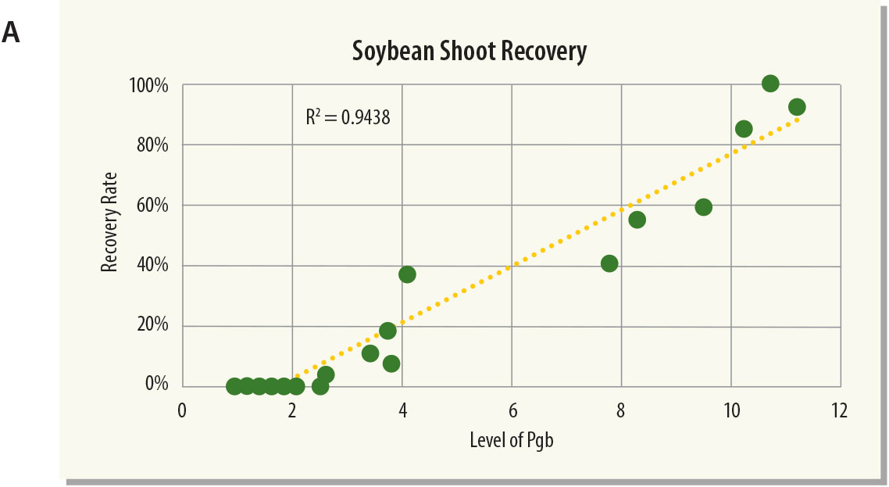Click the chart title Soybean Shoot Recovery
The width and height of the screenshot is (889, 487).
click(x=468, y=52)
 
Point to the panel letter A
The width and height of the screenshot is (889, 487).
click(x=11, y=32)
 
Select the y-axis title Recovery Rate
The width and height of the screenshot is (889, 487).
click(x=110, y=222)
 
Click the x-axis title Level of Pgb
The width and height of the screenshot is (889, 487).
click(x=512, y=439)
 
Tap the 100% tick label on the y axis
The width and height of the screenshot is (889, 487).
click(x=148, y=84)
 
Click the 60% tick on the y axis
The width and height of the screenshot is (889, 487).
click(x=152, y=206)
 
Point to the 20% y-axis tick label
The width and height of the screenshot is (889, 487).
click(x=152, y=326)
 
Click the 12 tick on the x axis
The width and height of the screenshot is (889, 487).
click(x=840, y=411)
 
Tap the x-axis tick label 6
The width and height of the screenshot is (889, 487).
click(x=512, y=411)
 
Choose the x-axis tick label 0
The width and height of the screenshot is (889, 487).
click(x=183, y=411)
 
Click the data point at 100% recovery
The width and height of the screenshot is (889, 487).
click(x=770, y=84)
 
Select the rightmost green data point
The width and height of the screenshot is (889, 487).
click(x=797, y=107)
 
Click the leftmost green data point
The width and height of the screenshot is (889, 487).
click(x=234, y=386)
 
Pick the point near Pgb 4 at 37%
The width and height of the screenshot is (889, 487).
click(x=407, y=274)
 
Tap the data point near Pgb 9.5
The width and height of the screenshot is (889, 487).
click(x=703, y=207)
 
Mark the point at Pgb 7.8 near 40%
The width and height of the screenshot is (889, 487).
click(x=609, y=263)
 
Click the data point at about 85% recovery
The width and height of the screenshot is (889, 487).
click(x=744, y=129)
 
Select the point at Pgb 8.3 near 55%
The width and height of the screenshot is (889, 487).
click(x=637, y=220)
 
